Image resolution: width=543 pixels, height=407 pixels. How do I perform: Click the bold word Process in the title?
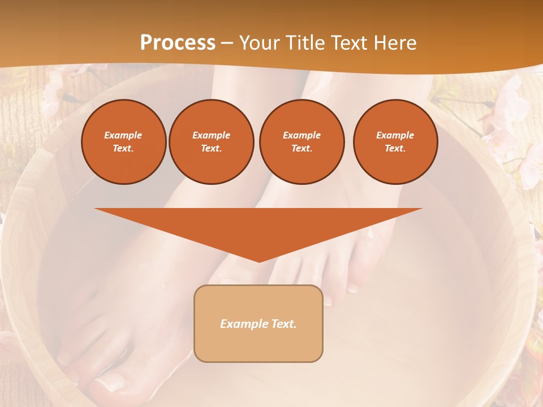point(178,43)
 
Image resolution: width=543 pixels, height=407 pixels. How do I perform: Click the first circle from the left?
point(124,142)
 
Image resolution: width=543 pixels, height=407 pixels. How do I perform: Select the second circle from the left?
point(212,142)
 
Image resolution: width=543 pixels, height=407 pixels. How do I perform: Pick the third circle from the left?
point(302,142)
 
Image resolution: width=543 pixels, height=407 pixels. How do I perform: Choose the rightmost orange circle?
point(395,142)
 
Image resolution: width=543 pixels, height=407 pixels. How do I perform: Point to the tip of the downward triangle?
point(259,261)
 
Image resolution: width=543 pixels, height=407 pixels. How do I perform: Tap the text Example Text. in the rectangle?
point(258,324)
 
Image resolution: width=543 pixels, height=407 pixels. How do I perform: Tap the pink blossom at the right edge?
point(529,164)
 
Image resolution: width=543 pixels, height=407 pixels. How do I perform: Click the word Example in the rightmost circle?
point(395,135)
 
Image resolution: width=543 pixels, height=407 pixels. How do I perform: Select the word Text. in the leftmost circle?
point(123,149)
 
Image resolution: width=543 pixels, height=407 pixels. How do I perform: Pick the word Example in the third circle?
point(301,135)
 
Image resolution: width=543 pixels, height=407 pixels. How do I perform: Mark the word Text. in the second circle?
point(211,149)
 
